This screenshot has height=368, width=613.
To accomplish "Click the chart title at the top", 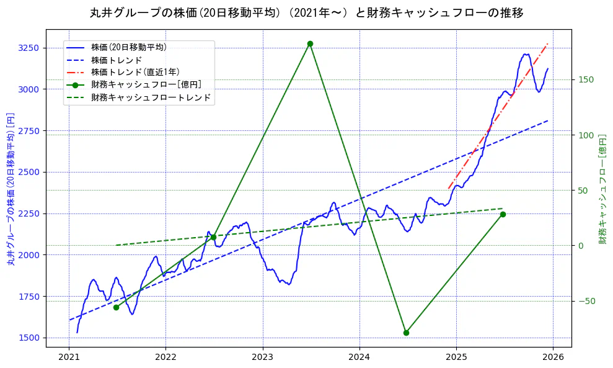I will [306, 13].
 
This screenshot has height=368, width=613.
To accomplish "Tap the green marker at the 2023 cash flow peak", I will [310, 43].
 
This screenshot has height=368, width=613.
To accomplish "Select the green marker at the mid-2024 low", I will [406, 333].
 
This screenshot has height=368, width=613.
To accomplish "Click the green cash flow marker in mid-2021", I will [116, 307].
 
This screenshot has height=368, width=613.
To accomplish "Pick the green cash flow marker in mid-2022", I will [213, 237].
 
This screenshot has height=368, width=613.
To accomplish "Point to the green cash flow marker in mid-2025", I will [503, 214].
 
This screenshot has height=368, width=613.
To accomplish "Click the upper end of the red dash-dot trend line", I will [547, 44].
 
